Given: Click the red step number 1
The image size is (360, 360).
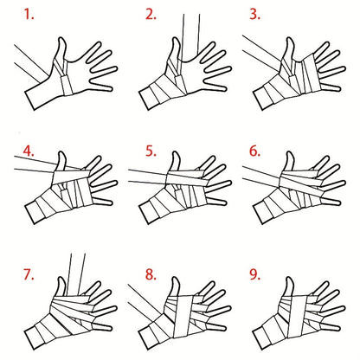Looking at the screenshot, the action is tap(29, 14).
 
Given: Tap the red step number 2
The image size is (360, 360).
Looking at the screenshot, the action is tap(151, 14).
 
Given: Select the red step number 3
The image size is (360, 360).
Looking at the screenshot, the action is tap(254, 14).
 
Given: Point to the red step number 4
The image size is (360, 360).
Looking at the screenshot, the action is tap(29, 151).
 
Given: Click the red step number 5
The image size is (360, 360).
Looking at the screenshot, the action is tap(151, 151).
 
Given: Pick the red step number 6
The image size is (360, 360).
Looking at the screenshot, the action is tap(254, 151).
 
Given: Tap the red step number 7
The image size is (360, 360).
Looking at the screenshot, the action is tap(29, 274).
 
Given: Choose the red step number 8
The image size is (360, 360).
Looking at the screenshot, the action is tap(151, 274).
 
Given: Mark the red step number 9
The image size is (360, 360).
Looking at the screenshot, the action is tap(254, 274).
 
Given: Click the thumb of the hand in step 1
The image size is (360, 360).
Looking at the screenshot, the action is tap(61, 50).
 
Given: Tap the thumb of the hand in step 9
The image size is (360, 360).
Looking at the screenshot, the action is tap(289, 287).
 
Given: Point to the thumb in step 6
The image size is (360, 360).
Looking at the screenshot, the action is tap(289, 163).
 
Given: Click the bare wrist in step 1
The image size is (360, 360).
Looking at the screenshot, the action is tap(43, 93).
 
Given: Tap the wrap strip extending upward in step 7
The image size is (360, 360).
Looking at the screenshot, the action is tap(76, 274).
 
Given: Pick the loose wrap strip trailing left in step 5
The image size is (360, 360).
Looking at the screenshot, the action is tap(148, 177).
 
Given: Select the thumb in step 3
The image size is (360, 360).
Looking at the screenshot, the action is tap(289, 49).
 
